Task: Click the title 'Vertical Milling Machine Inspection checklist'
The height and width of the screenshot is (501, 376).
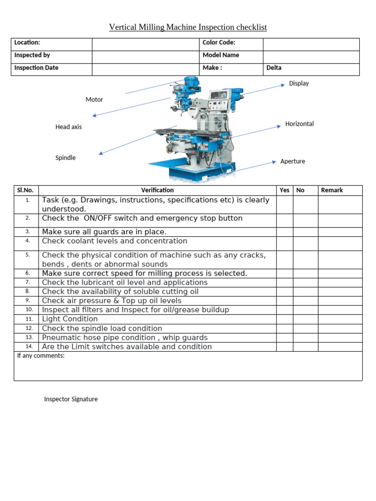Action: [188, 27]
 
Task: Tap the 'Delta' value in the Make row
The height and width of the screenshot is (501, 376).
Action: [274, 68]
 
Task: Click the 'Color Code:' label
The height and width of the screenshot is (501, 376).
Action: [219, 43]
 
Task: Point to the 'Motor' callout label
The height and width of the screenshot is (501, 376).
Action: [94, 99]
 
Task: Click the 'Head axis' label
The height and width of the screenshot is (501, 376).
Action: [69, 127]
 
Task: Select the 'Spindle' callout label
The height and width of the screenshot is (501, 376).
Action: [66, 158]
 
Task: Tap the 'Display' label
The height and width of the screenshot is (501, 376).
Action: [299, 83]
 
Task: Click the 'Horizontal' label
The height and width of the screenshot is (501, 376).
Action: [300, 124]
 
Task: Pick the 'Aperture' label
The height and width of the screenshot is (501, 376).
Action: [293, 161]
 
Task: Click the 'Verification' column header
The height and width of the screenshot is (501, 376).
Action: [157, 190]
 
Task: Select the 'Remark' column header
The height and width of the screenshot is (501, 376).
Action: [332, 190]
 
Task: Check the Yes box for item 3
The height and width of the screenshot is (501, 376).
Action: [284, 232]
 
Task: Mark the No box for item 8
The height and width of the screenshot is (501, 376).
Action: [305, 292]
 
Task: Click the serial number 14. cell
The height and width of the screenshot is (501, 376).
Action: [28, 346]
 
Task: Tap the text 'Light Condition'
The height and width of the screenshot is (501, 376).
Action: [70, 319]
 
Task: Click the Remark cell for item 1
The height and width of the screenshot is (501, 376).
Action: [340, 205]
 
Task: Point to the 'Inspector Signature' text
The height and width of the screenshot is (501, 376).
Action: [71, 399]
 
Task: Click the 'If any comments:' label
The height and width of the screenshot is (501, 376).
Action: [41, 356]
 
